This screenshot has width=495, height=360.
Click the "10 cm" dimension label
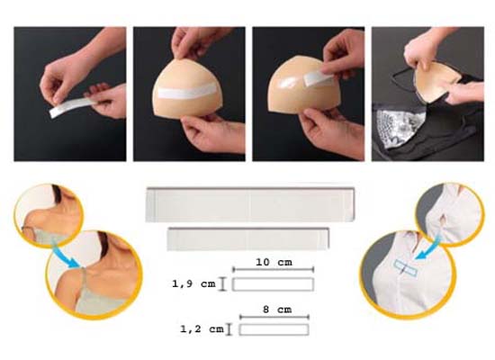click(x=274, y=262)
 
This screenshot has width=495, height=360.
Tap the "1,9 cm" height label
click(x=193, y=283)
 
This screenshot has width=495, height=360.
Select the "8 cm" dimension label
click(x=277, y=310)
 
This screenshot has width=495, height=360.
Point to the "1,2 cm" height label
click(x=202, y=329)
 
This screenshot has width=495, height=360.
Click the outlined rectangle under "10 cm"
click(x=273, y=284)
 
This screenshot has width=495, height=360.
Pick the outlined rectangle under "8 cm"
click(x=274, y=329)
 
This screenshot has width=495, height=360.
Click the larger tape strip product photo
click(x=250, y=204)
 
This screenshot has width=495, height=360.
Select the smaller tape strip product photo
click(x=248, y=238)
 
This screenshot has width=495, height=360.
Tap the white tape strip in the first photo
click(x=73, y=106)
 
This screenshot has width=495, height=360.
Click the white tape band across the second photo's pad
click(x=187, y=92)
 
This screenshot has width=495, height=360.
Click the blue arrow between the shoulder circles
click(x=66, y=255)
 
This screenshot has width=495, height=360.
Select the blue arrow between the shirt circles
click(x=428, y=248)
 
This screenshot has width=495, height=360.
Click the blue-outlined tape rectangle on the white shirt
click(x=406, y=268)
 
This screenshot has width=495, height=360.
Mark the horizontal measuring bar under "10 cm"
click(x=273, y=269)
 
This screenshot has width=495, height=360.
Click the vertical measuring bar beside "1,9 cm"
click(x=223, y=283)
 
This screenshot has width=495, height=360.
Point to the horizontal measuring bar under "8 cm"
click(x=274, y=317)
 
